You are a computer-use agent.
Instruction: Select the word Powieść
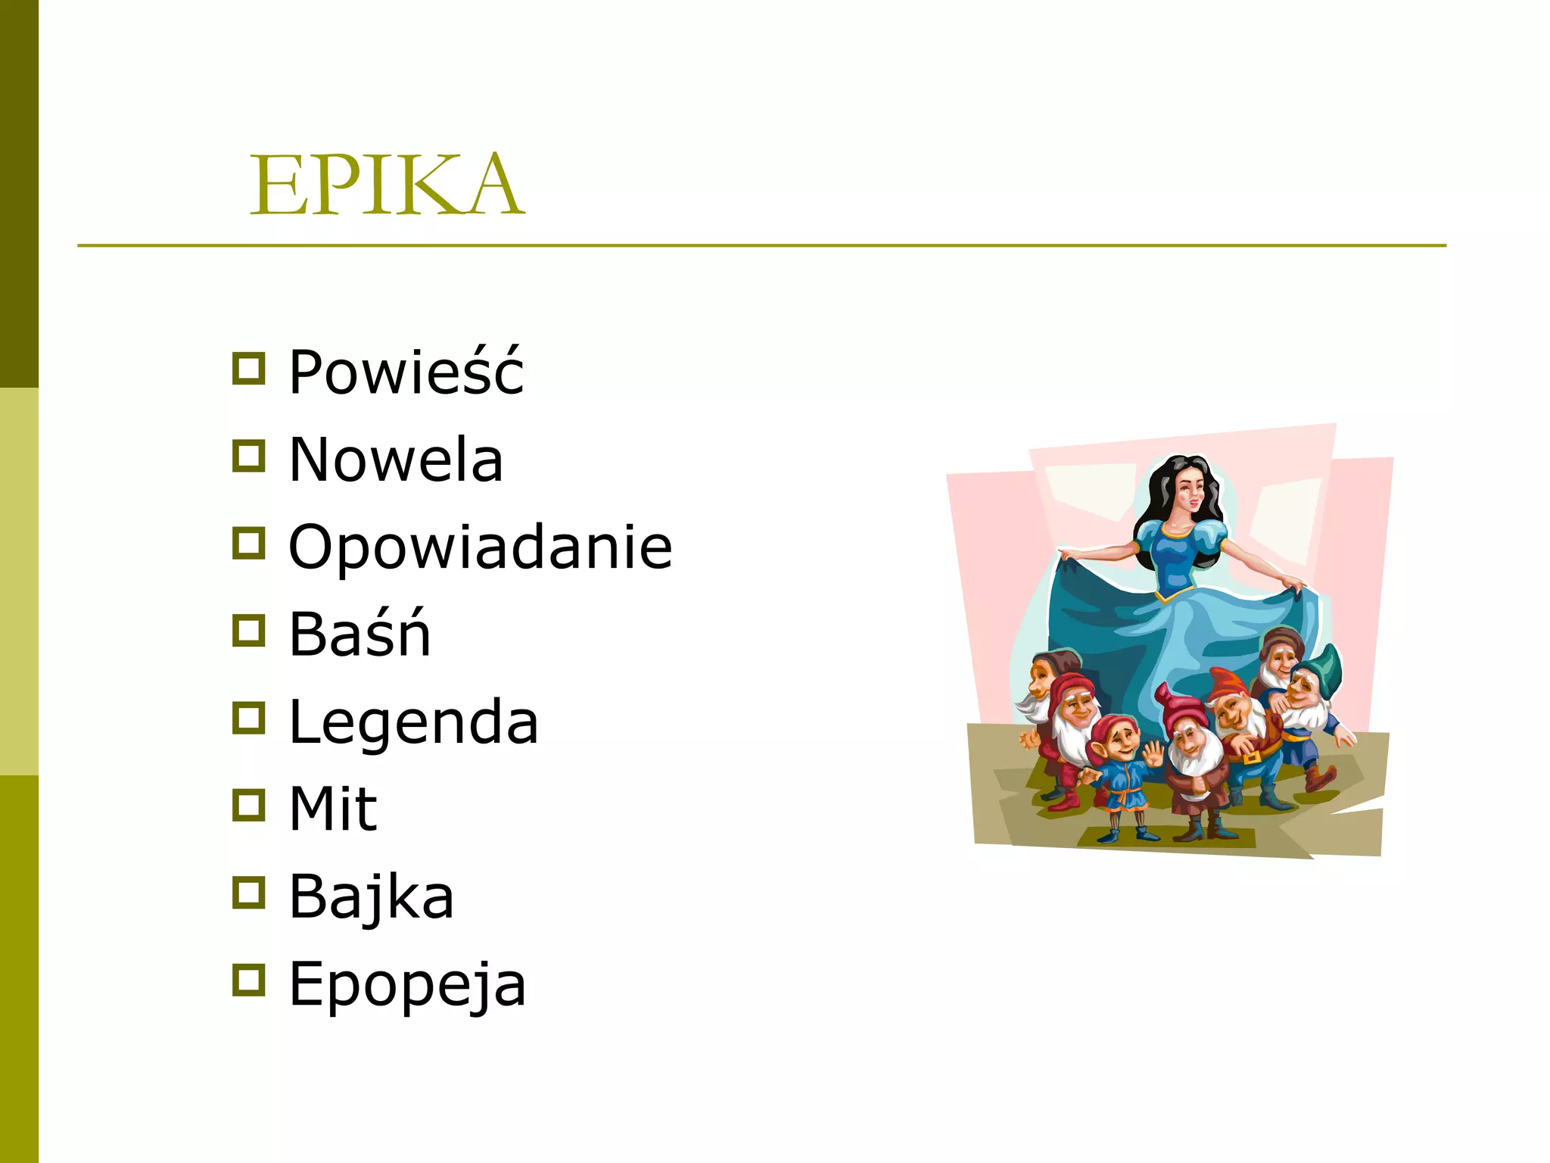tap(406, 372)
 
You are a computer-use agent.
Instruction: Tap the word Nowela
tap(396, 460)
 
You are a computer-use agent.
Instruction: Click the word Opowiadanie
tap(480, 547)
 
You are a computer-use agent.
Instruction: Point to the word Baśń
tap(359, 634)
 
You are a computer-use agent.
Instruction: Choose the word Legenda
tap(413, 722)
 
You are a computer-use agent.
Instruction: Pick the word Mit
tap(333, 809)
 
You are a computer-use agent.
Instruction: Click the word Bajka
tap(371, 896)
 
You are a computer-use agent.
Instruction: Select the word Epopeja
tap(407, 984)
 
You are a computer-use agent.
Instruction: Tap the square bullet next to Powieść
tap(248, 369)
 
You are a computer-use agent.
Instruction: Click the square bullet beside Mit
tap(248, 805)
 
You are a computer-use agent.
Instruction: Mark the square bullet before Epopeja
tap(248, 980)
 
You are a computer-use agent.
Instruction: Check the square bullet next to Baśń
tap(248, 631)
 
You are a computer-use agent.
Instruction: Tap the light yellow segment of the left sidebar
tap(19, 581)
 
